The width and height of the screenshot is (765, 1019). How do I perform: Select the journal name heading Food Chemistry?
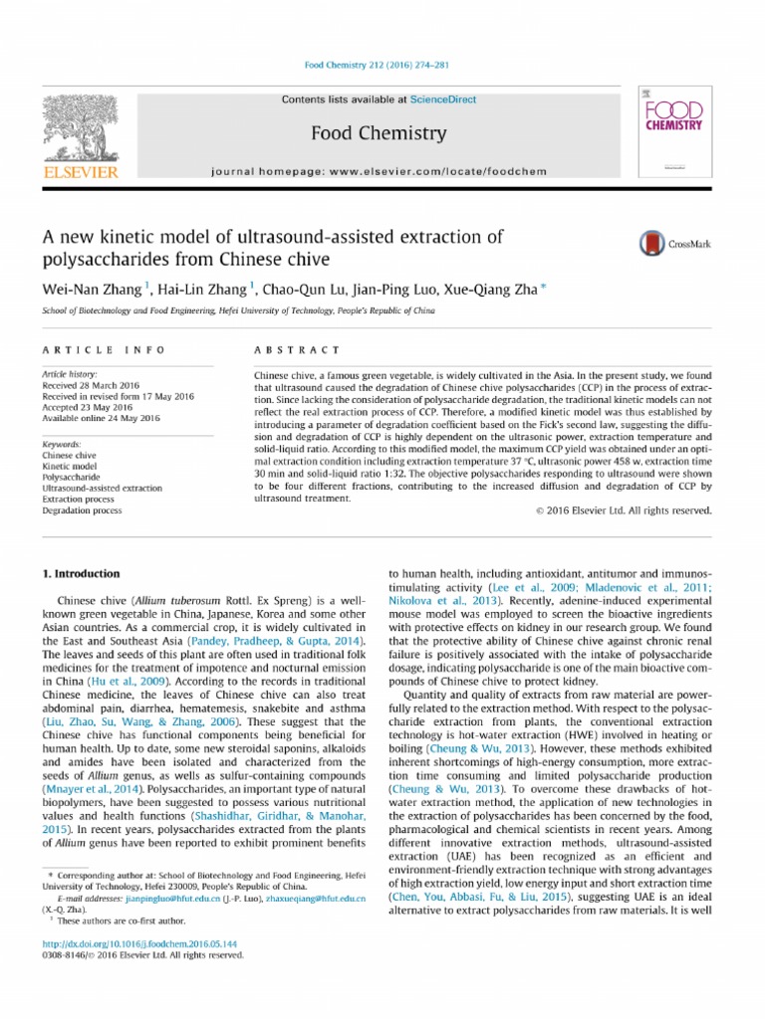(380, 132)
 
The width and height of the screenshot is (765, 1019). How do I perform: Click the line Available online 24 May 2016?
(101, 419)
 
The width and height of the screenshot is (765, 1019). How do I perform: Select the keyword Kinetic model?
(70, 466)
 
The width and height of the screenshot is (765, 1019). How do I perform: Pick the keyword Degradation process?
(82, 510)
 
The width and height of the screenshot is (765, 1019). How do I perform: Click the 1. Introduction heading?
(80, 574)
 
